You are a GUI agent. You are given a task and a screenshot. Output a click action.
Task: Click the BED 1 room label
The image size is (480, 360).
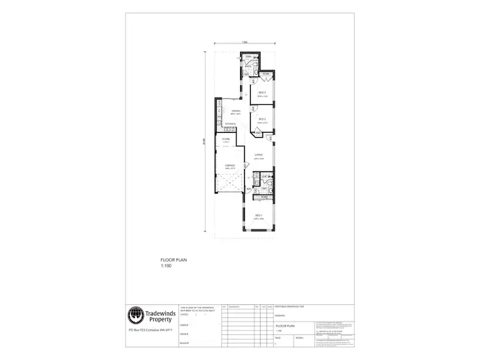pyautogui.click(x=259, y=214)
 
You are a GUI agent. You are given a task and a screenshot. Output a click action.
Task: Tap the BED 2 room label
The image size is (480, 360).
pyautogui.click(x=262, y=119)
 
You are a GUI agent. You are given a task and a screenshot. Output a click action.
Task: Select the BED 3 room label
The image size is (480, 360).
pyautogui.click(x=262, y=93)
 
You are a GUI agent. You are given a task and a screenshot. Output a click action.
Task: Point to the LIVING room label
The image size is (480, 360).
pyautogui.click(x=259, y=154)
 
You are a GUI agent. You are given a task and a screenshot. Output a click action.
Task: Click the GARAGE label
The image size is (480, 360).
pyautogui.click(x=230, y=166)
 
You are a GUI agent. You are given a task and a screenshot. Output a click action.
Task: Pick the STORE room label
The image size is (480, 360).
pyautogui.click(x=226, y=139)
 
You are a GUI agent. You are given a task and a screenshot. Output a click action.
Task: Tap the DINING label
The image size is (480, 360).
pyautogui.click(x=227, y=111)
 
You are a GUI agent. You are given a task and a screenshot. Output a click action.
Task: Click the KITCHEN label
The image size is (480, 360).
pyautogui.click(x=230, y=123)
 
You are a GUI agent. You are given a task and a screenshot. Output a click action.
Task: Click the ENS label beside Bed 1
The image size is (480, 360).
pyautogui.click(x=264, y=177)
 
